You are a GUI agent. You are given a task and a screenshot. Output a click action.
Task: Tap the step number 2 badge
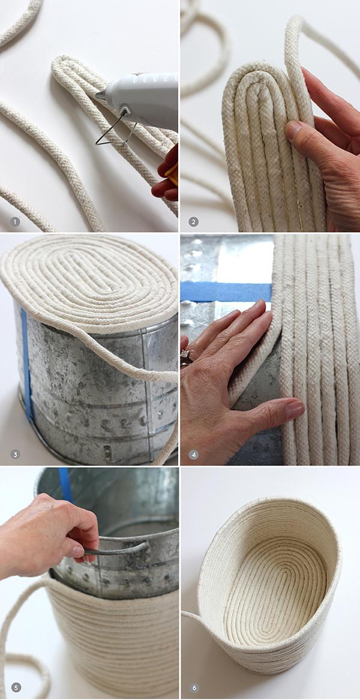(193, 221)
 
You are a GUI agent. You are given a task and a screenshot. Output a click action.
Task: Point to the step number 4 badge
(193, 454)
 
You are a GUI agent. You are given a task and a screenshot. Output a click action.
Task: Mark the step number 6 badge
(193, 687)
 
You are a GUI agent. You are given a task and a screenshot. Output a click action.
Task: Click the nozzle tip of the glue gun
(98, 94)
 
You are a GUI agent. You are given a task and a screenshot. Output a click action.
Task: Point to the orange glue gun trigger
(172, 174)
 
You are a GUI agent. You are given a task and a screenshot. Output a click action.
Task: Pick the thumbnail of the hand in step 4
(294, 410)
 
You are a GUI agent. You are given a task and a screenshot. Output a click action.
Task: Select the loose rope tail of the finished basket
(192, 618)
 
